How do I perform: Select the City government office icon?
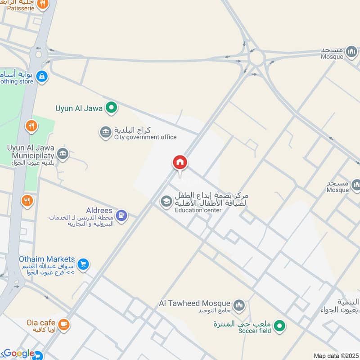pyautogui.click(x=105, y=133)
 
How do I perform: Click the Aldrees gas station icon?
pyautogui.click(x=121, y=216)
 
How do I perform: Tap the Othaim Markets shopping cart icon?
pyautogui.click(x=83, y=265)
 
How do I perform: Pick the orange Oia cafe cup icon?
pyautogui.click(x=64, y=324)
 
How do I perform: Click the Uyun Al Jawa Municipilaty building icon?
pyautogui.click(x=63, y=154)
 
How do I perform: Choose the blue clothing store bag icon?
pyautogui.click(x=42, y=76)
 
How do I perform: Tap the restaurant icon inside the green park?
pyautogui.click(x=31, y=126)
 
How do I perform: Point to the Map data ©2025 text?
pyautogui.click(x=335, y=356)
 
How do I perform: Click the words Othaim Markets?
pyautogui.click(x=47, y=259)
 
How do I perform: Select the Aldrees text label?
pyautogui.click(x=99, y=211)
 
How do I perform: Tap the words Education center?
pyautogui.click(x=198, y=210)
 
